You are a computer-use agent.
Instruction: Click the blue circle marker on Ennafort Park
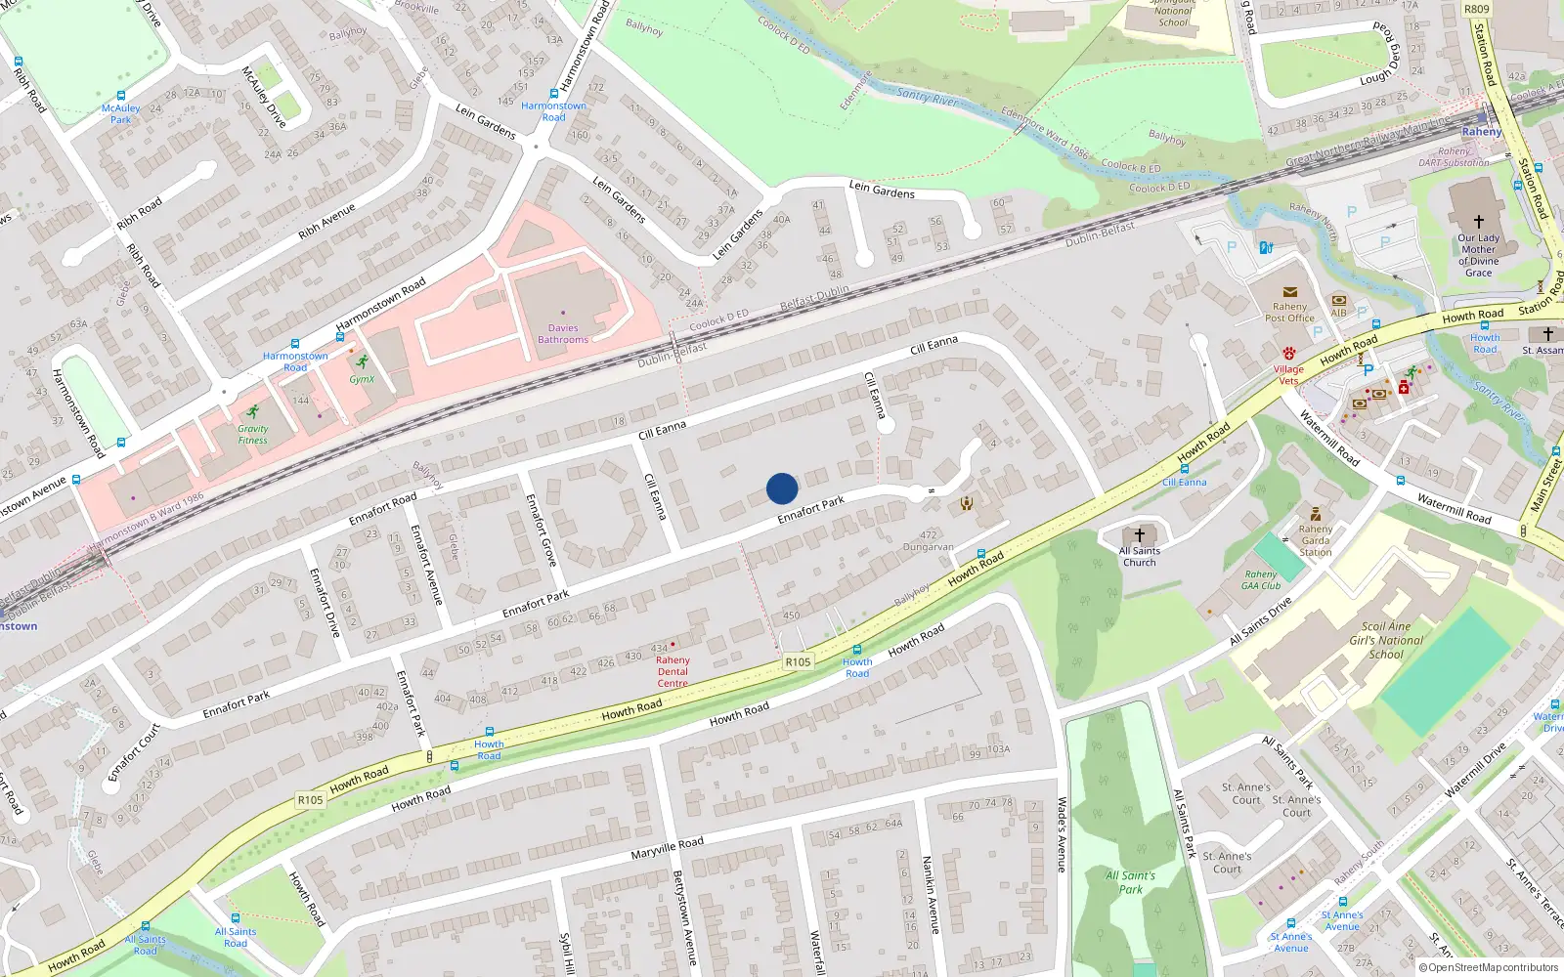tap(782, 488)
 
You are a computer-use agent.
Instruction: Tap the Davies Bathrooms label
tap(563, 334)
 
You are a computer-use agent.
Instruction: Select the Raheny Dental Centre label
tap(673, 671)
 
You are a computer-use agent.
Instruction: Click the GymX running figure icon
tap(363, 361)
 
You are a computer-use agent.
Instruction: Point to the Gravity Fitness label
tap(252, 435)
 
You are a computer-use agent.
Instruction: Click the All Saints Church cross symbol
tap(1139, 535)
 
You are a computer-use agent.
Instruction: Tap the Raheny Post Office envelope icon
tap(1289, 292)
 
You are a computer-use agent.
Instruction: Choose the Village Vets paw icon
tap(1289, 353)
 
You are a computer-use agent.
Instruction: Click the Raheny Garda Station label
tap(1316, 540)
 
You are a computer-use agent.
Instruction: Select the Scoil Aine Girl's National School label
tap(1386, 641)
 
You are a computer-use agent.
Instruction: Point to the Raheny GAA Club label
tap(1261, 580)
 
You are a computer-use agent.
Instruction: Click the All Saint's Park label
tap(1131, 882)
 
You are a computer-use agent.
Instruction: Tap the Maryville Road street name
tap(667, 847)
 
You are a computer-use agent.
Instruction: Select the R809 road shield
tap(1476, 10)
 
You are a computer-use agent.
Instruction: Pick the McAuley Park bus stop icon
tap(121, 96)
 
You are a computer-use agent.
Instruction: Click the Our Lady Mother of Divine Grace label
tap(1478, 255)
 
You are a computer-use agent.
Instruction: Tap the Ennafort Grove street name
tap(541, 530)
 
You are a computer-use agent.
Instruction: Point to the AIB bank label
tap(1338, 313)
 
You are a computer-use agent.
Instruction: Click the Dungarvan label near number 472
tap(928, 547)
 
